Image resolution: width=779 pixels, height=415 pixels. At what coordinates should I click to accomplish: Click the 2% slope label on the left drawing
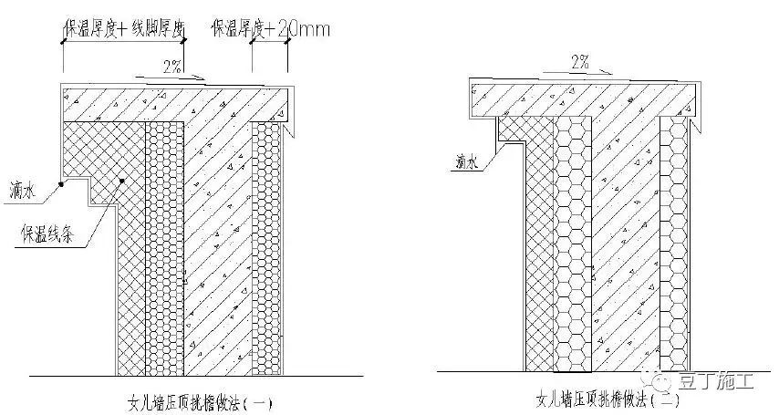tap(171, 66)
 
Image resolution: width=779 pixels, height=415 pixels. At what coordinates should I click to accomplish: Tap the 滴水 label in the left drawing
tap(22, 192)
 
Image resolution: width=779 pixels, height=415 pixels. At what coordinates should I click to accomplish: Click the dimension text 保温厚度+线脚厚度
tap(122, 28)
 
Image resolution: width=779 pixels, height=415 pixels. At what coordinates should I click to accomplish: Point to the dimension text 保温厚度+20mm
tap(270, 28)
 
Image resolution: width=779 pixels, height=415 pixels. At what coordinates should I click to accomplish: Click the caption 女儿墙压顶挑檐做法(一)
tap(196, 399)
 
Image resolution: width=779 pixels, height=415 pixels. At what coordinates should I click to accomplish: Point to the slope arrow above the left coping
tap(173, 78)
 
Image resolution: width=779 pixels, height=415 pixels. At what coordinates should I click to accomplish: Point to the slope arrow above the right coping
tap(578, 73)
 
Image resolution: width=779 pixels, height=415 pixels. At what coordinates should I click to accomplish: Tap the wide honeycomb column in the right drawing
tap(576, 246)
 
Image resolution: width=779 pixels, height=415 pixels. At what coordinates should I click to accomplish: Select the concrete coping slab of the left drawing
tap(182, 100)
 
